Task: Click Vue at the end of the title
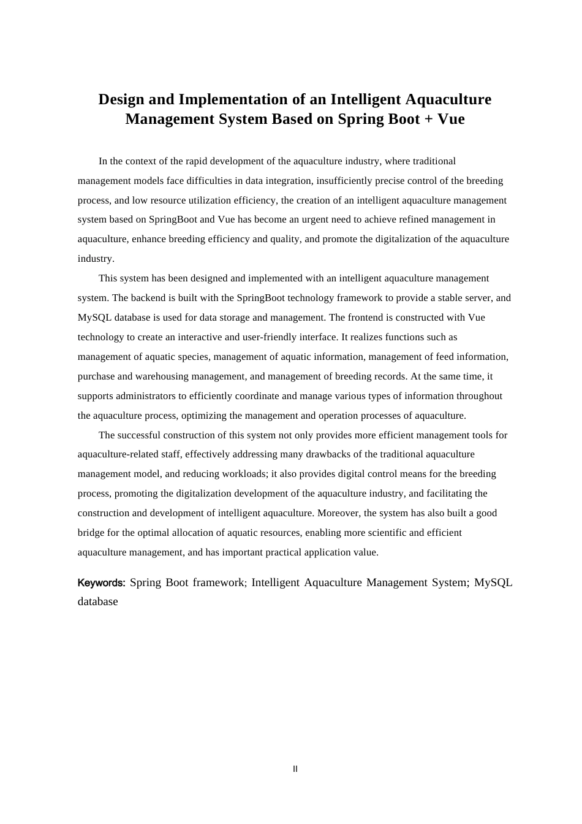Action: tap(451, 119)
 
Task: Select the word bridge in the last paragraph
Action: tap(91, 533)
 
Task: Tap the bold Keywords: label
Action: tap(101, 582)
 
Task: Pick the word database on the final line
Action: tap(97, 601)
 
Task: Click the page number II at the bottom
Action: tap(295, 769)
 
